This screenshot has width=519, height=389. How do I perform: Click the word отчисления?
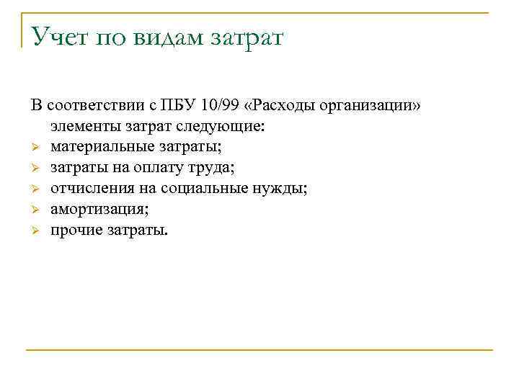click(87, 189)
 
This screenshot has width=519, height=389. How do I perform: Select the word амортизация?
click(99, 210)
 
